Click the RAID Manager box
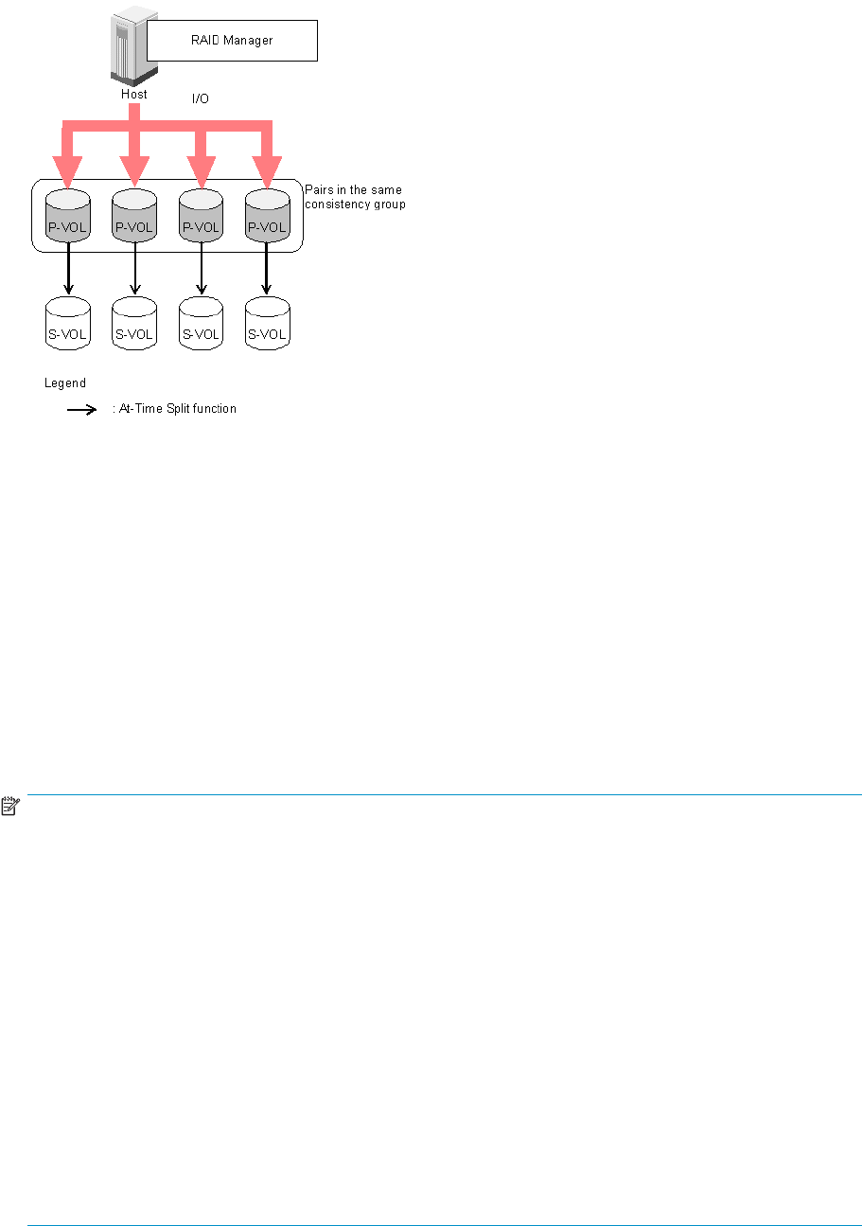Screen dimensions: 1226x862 (232, 42)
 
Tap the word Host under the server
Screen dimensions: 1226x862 (133, 95)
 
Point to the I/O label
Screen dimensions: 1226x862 (200, 98)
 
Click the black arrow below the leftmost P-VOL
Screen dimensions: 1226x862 (68, 270)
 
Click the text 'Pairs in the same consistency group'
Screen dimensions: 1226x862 (355, 197)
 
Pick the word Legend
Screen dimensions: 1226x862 (65, 383)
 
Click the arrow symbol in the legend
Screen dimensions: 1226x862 (81, 409)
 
